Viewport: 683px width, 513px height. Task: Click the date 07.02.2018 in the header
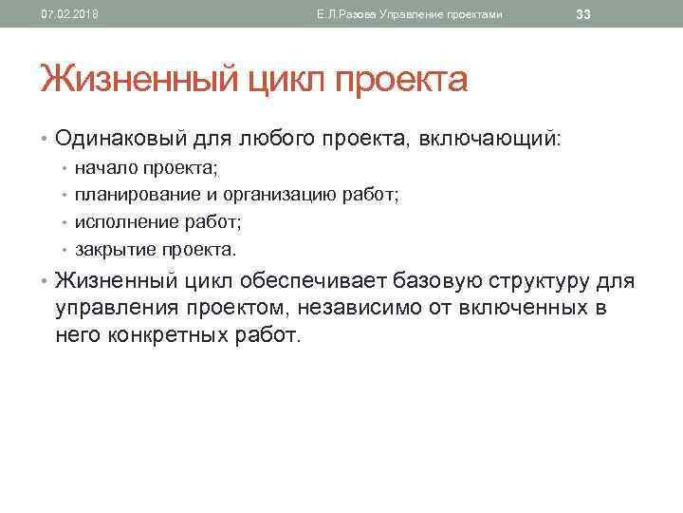tap(69, 13)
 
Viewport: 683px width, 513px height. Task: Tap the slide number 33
tap(584, 13)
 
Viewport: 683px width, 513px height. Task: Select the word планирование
tap(134, 195)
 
